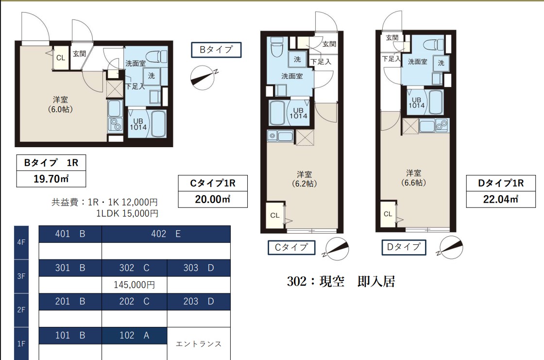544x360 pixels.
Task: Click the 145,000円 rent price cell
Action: pyautogui.click(x=134, y=285)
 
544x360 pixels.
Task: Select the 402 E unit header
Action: pyautogui.click(x=166, y=234)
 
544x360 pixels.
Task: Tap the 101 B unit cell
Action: pyautogui.click(x=70, y=335)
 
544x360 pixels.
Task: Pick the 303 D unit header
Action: pyautogui.click(x=199, y=268)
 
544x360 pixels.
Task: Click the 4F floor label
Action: pyautogui.click(x=21, y=242)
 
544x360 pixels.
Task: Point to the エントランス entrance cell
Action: pyautogui.click(x=199, y=344)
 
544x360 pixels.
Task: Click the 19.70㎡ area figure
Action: pyautogui.click(x=51, y=179)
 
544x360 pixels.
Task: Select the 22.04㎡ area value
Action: pyautogui.click(x=501, y=199)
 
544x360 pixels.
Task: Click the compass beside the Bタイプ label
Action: pyautogui.click(x=203, y=77)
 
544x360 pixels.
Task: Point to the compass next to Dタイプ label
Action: pyautogui.click(x=450, y=247)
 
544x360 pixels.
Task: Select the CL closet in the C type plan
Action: pyautogui.click(x=275, y=215)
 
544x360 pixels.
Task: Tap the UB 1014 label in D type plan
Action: pyautogui.click(x=417, y=103)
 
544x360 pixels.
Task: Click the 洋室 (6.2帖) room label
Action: pyautogui.click(x=304, y=179)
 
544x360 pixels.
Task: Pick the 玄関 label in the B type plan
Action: pyautogui.click(x=80, y=54)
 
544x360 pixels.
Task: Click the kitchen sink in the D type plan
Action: pyautogui.click(x=442, y=125)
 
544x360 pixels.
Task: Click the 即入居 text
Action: pyautogui.click(x=376, y=281)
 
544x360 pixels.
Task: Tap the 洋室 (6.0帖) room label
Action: pyautogui.click(x=60, y=104)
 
